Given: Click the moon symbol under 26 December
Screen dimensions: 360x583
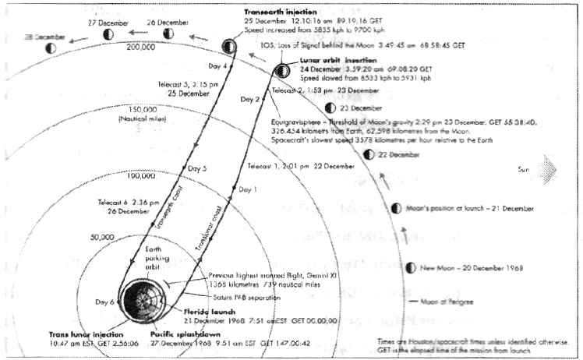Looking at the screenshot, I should pyautogui.click(x=168, y=33).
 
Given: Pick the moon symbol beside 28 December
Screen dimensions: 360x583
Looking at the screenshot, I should pyautogui.click(x=51, y=48).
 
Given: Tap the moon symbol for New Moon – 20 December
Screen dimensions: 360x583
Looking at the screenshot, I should pyautogui.click(x=411, y=268).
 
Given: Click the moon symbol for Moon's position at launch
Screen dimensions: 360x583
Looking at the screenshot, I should pyautogui.click(x=397, y=209).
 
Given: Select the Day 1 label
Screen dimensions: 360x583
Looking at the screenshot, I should pyautogui.click(x=247, y=189).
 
